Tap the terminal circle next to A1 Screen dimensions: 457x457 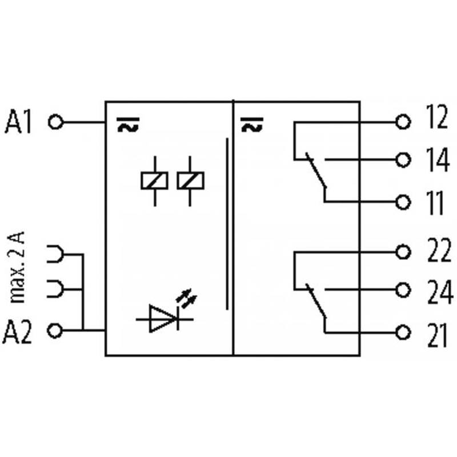(x=55, y=122)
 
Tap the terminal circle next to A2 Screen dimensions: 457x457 (x=55, y=330)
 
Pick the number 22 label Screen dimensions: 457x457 (x=438, y=251)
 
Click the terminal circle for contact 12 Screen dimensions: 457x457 (x=404, y=122)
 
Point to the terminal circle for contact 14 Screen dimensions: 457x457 (x=404, y=160)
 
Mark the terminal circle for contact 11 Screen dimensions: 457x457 (x=404, y=202)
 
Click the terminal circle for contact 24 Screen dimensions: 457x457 (x=404, y=290)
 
